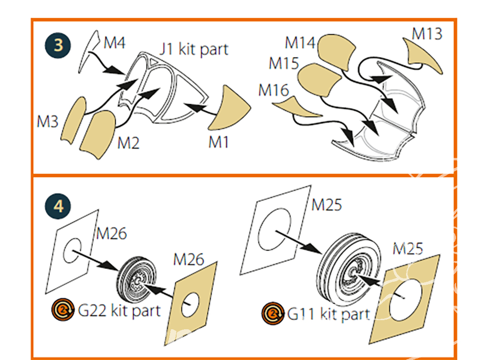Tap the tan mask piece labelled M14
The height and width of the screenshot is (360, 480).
pos(337,53)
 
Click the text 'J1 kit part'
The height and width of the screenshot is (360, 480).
pos(194,48)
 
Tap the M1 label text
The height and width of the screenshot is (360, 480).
pos(219,143)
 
